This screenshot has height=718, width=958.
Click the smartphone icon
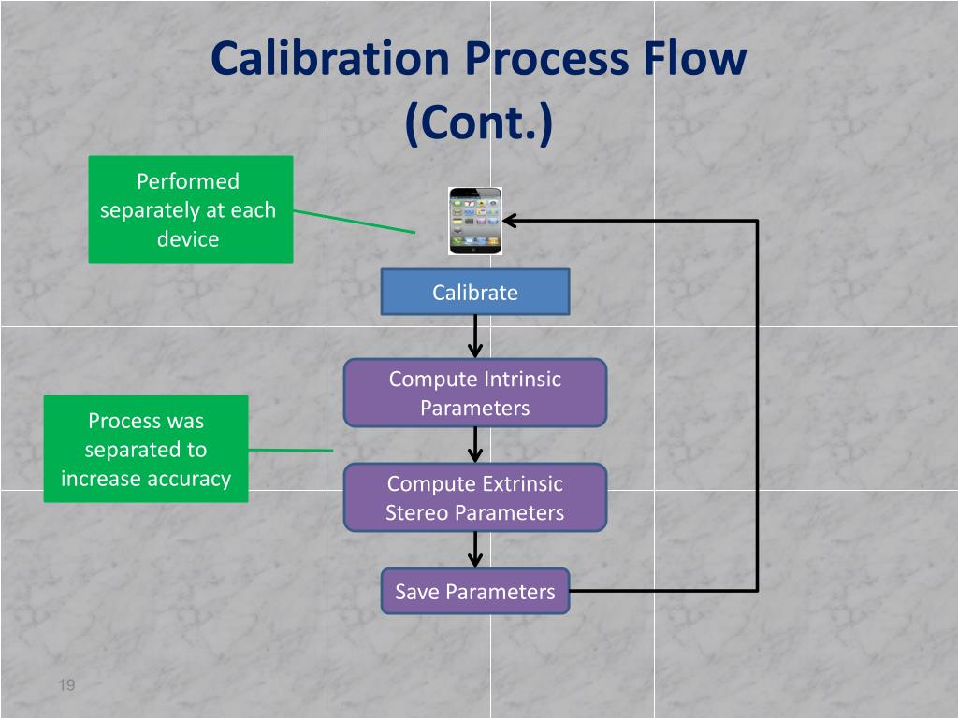pyautogui.click(x=475, y=221)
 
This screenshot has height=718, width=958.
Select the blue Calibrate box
pyautogui.click(x=475, y=292)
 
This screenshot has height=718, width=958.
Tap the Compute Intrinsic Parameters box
pyautogui.click(x=475, y=393)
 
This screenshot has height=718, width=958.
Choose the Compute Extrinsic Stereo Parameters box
pyautogui.click(x=475, y=497)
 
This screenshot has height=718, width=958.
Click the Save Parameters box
pyautogui.click(x=475, y=591)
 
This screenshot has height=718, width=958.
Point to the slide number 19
pyautogui.click(x=66, y=686)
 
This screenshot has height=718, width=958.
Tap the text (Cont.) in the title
pyautogui.click(x=479, y=122)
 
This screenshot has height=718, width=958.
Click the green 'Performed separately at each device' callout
pyautogui.click(x=191, y=209)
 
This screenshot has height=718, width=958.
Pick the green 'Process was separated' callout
pyautogui.click(x=146, y=449)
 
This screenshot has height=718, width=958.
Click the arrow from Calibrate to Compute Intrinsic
pyautogui.click(x=475, y=337)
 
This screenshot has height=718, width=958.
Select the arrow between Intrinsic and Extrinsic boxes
pyautogui.click(x=475, y=445)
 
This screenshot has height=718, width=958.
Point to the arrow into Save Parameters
pyautogui.click(x=475, y=550)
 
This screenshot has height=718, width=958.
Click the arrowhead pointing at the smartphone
pyautogui.click(x=511, y=221)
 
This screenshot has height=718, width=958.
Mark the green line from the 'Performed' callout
pyautogui.click(x=354, y=221)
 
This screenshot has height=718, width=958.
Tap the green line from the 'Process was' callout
pyautogui.click(x=290, y=450)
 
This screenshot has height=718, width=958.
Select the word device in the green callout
pyautogui.click(x=188, y=238)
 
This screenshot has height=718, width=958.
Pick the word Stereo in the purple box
pyautogui.click(x=415, y=512)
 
